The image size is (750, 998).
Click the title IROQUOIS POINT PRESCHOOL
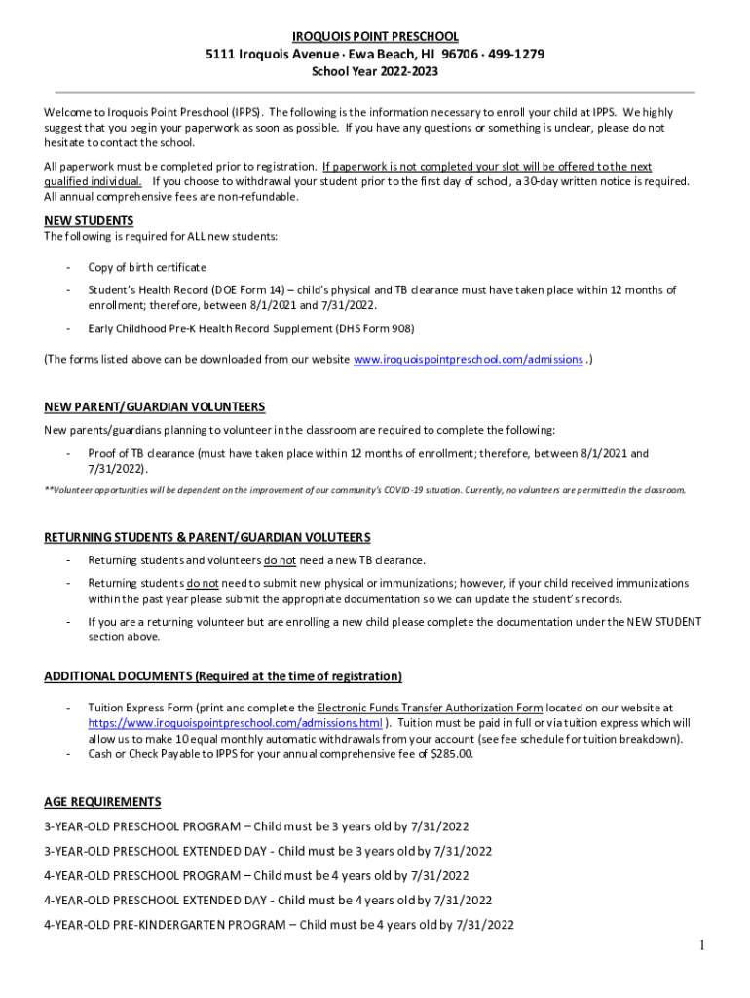click(375, 36)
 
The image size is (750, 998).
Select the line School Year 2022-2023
click(375, 71)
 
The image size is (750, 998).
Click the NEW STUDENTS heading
click(89, 220)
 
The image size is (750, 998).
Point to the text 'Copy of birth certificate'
click(147, 267)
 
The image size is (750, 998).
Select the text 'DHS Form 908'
click(366, 328)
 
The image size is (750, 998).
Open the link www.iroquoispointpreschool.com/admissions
click(468, 360)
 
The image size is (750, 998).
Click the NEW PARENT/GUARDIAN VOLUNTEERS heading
click(155, 406)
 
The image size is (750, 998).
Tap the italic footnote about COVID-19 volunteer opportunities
click(365, 489)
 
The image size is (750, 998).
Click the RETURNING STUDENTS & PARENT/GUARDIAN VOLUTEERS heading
click(207, 538)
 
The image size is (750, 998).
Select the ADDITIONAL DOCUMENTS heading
click(223, 676)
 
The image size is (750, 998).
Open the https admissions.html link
click(235, 723)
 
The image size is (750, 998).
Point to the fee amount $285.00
click(451, 753)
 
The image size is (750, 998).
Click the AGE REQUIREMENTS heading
click(102, 802)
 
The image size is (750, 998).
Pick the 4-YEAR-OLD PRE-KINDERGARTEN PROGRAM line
click(280, 924)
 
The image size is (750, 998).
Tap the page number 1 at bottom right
click(701, 946)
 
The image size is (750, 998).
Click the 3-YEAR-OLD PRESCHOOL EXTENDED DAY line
click(268, 851)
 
